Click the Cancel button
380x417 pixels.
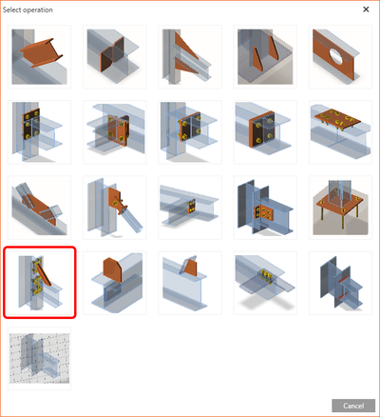pyautogui.click(x=352, y=405)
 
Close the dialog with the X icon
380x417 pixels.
pyautogui.click(x=366, y=10)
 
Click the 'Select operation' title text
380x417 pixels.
pyautogui.click(x=29, y=10)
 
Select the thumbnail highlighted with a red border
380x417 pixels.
pyautogui.click(x=40, y=283)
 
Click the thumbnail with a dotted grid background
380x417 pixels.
pyautogui.click(x=40, y=359)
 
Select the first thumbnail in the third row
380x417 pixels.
pyautogui.click(x=40, y=207)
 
